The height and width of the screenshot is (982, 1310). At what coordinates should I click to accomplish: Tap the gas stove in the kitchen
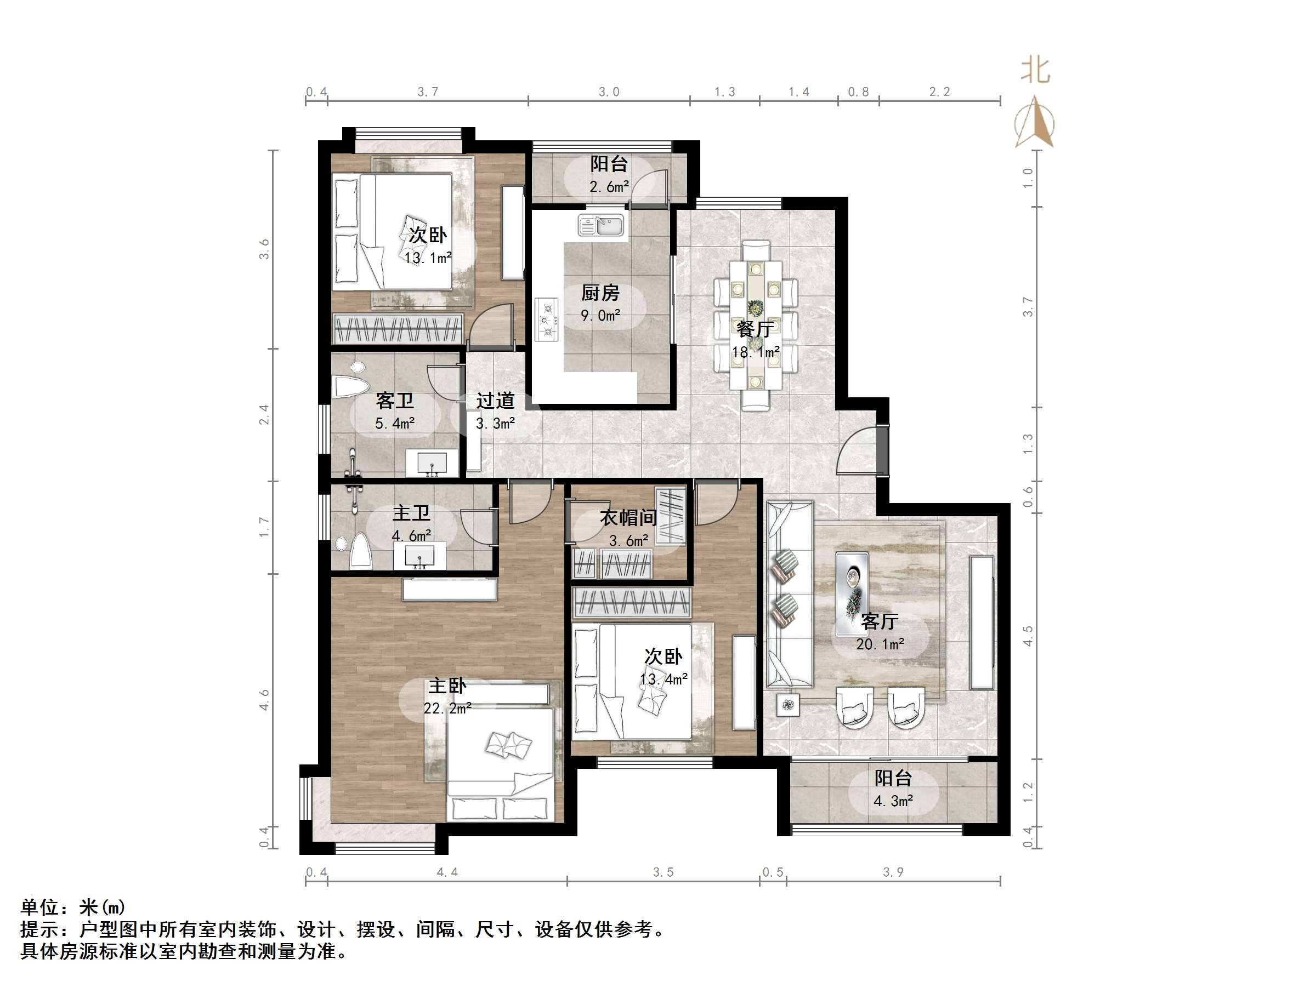tap(547, 319)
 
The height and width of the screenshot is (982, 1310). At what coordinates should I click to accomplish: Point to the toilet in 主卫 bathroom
tap(360, 551)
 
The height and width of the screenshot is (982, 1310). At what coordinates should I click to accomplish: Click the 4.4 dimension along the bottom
tap(447, 872)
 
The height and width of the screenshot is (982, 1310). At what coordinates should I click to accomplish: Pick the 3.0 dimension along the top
tap(609, 92)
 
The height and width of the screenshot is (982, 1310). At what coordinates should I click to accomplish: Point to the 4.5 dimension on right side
tap(1028, 636)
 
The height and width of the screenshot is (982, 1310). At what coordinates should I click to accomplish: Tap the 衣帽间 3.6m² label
tap(628, 528)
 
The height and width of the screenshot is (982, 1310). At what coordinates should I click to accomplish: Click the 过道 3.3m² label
tap(495, 412)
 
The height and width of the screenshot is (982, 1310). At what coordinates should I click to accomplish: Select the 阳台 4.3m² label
tap(893, 789)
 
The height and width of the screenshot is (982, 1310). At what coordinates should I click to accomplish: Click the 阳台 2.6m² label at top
tap(609, 175)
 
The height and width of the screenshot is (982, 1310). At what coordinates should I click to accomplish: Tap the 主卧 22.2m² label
tap(447, 696)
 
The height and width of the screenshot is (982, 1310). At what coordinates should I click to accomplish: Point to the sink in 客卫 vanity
tap(432, 463)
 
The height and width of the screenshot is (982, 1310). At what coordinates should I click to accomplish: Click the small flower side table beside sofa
tap(787, 704)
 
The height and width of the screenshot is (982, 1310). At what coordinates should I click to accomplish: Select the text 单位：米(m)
tap(73, 907)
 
